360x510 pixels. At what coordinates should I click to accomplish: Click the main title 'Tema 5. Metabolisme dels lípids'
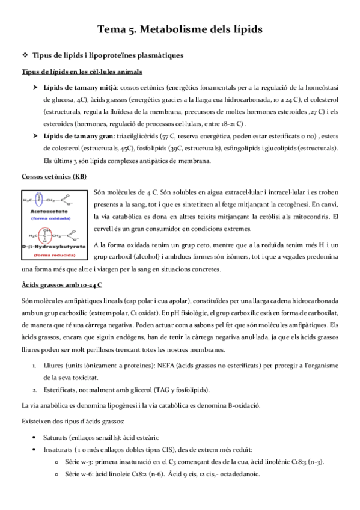tap(180, 28)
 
